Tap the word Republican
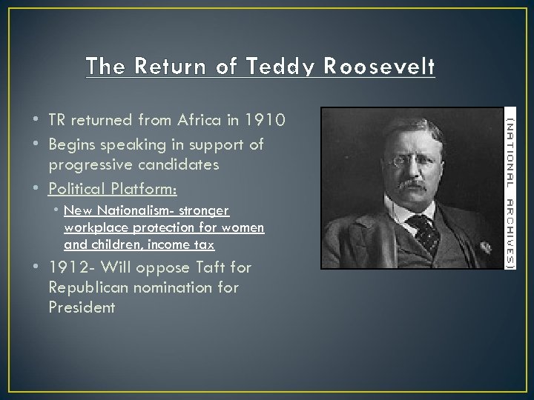pos(93,287)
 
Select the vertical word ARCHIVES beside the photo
pos(510,230)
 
